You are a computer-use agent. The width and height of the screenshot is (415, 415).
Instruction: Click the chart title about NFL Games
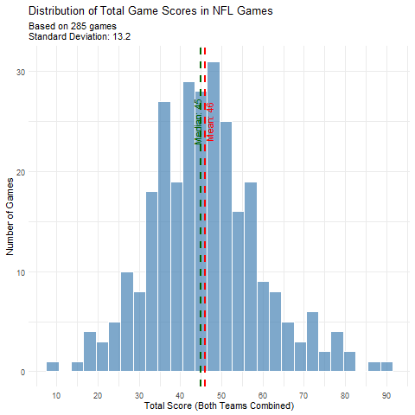(x=151, y=11)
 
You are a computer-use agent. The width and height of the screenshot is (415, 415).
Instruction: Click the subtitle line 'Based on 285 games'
(x=73, y=27)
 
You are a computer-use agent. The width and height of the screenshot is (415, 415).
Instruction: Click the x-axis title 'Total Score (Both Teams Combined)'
(x=220, y=405)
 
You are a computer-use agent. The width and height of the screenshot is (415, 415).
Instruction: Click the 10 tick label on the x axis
(x=56, y=395)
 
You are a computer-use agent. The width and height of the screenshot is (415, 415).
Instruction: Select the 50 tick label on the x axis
(x=221, y=395)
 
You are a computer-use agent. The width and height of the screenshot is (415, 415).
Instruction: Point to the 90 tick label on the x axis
(x=386, y=395)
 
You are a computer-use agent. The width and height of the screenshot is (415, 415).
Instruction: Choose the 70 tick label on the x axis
(x=303, y=395)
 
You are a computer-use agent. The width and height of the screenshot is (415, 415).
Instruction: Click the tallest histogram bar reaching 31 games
(x=214, y=216)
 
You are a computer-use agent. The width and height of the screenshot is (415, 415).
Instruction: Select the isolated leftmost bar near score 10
(x=53, y=367)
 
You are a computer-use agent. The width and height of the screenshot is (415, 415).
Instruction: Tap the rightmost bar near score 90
(x=386, y=367)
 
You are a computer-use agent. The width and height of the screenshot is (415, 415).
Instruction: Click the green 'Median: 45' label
(x=198, y=121)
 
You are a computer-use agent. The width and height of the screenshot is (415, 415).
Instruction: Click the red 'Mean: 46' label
(x=210, y=121)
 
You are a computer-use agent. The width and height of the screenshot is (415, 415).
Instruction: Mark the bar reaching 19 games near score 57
(x=251, y=277)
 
